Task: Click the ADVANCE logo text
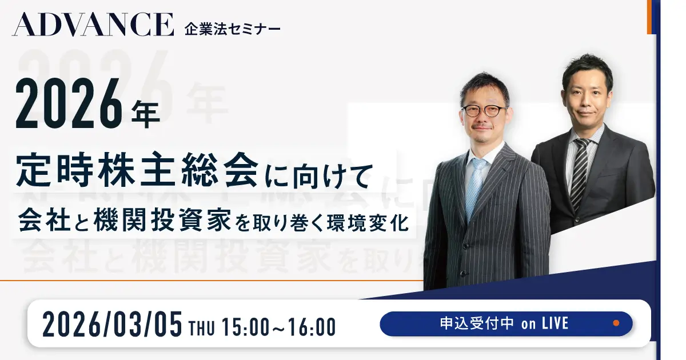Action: click(x=93, y=25)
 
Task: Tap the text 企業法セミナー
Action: click(x=233, y=30)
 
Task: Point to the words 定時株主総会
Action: click(x=137, y=169)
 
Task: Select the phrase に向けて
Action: click(x=319, y=176)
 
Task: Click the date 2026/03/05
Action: click(x=113, y=324)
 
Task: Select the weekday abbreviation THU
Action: click(x=202, y=327)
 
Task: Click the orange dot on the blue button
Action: click(x=616, y=323)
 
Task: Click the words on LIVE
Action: click(x=545, y=324)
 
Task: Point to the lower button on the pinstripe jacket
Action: click(x=464, y=273)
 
